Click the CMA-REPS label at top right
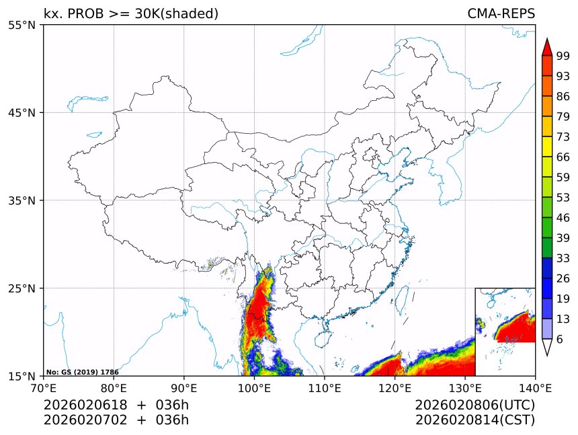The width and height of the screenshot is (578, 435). pos(501,13)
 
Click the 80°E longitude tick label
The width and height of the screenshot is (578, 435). pos(114,387)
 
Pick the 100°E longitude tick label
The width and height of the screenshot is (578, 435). pos(254,387)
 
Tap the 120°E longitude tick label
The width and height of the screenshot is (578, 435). pos(395,387)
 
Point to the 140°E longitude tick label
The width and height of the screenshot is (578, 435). pos(535,387)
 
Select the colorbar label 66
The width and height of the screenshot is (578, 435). pos(563,157)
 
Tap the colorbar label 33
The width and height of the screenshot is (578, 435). pos(563,258)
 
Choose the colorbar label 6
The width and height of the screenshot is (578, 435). pos(560,339)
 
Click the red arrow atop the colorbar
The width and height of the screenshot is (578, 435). pos(547,46)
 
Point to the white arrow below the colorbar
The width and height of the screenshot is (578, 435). pos(547,347)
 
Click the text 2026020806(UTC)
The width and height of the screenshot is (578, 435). pos(474,405)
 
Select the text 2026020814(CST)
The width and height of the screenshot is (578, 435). pos(474,420)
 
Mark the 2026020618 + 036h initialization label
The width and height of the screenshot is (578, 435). pos(116,405)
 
